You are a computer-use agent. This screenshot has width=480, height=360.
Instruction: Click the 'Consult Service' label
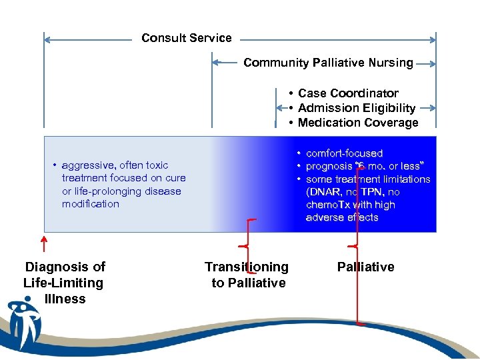[187, 38]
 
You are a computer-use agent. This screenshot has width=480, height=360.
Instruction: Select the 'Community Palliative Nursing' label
[328, 63]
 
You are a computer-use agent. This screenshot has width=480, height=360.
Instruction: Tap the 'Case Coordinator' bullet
[348, 93]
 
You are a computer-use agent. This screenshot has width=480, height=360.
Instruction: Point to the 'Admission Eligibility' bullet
[357, 108]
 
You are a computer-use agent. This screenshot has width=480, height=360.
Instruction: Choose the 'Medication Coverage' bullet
[358, 123]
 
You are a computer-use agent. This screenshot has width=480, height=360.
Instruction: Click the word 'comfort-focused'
[344, 153]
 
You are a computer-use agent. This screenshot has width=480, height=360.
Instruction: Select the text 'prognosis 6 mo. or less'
[367, 166]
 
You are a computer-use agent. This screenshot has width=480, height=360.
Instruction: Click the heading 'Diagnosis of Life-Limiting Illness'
[64, 283]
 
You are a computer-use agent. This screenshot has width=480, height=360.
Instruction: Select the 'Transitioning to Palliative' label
[247, 275]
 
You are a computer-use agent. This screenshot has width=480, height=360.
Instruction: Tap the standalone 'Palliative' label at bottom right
[365, 267]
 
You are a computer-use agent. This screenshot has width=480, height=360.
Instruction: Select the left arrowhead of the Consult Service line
[48, 40]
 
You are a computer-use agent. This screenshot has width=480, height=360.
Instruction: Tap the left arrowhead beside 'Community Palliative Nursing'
[216, 63]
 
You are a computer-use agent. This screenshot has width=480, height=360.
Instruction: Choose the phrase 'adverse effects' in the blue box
[341, 217]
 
